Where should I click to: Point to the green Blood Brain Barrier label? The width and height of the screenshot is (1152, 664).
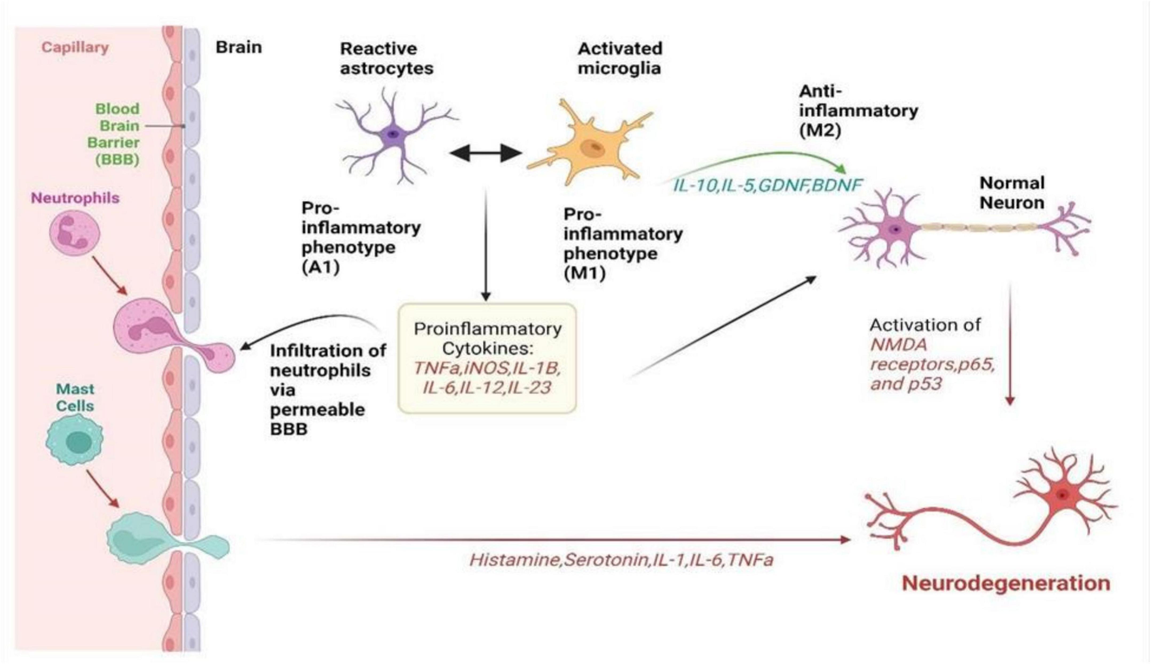114,134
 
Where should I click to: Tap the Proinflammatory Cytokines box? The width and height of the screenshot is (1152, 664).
487,358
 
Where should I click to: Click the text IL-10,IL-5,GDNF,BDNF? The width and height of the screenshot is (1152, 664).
767,185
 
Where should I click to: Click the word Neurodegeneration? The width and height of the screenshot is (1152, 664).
1006,583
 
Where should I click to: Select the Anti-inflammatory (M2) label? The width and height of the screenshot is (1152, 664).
858,111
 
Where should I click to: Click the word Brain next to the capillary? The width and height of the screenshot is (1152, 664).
239,47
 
